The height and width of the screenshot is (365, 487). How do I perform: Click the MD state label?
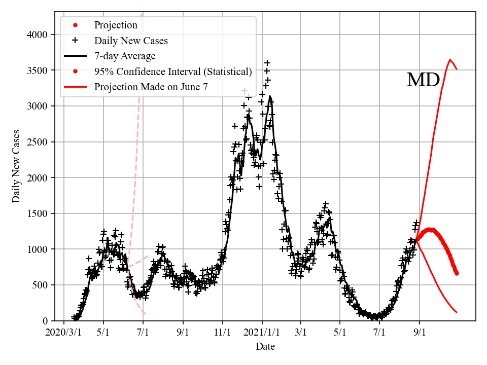point(423,80)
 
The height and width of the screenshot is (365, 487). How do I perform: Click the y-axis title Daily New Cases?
point(16,166)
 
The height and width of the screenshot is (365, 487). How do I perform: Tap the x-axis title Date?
point(265,347)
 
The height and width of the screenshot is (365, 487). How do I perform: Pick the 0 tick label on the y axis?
point(45,321)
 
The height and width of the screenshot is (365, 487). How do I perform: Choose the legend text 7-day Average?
point(125,56)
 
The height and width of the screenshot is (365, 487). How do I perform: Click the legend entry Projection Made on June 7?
point(151,87)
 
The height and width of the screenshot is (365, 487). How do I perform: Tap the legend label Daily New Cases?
point(131,41)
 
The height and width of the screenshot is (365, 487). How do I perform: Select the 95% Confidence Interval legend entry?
point(172,71)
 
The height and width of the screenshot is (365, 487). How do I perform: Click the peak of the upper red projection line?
point(450,60)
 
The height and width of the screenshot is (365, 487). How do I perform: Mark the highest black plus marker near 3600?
point(267,63)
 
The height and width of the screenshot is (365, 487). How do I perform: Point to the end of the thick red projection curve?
point(457,273)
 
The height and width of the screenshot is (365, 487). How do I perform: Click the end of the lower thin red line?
point(457,312)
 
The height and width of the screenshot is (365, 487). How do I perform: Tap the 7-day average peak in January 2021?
point(270,96)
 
